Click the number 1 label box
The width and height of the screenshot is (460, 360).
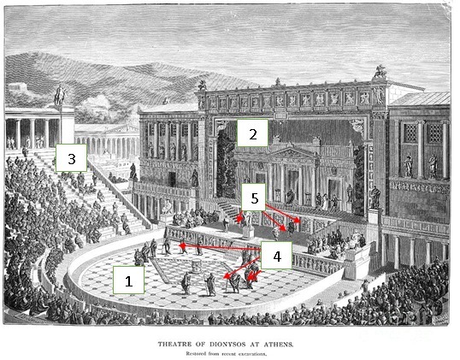click(x=128, y=280)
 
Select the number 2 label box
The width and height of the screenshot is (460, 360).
click(x=252, y=133)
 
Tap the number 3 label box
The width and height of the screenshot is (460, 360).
click(x=71, y=158)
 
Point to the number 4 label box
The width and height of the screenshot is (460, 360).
click(x=276, y=256)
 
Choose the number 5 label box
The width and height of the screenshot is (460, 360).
click(x=254, y=198)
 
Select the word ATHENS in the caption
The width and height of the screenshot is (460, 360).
click(x=279, y=344)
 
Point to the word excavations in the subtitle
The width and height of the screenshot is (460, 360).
click(x=251, y=353)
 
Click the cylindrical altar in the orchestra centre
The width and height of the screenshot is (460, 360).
click(x=196, y=266)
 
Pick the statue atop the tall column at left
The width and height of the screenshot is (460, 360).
click(x=61, y=95)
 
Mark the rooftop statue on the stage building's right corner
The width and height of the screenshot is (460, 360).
click(x=380, y=72)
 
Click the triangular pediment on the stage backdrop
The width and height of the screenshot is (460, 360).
click(x=292, y=152)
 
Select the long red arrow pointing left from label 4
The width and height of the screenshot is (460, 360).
click(x=220, y=247)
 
